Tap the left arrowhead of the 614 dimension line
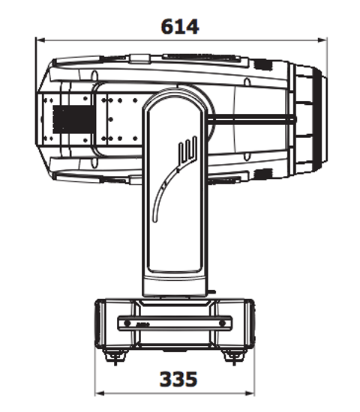(x=40, y=40)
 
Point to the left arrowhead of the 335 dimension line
(x=98, y=392)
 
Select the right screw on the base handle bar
(x=223, y=324)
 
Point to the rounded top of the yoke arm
(x=174, y=96)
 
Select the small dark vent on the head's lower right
(x=263, y=175)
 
